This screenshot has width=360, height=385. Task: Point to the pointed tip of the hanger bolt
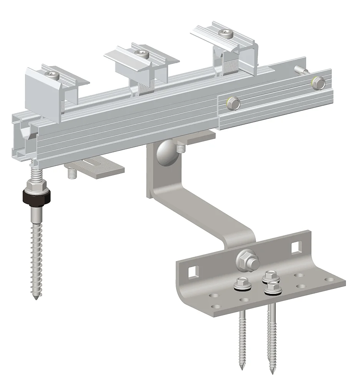tap(35, 298)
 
